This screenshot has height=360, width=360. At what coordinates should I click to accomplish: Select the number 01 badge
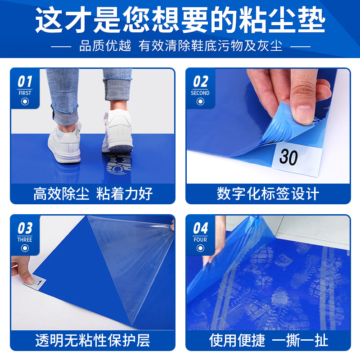click(x=25, y=81)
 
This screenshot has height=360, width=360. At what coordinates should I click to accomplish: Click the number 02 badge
click(x=200, y=81)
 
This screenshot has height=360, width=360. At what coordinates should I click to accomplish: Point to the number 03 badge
click(x=25, y=228)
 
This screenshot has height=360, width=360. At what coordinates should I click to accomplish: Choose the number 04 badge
click(x=200, y=228)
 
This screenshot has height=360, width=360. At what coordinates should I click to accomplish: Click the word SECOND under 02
click(x=200, y=93)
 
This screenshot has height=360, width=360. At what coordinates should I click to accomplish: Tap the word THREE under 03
click(x=25, y=240)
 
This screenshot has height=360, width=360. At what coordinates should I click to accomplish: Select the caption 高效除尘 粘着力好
click(x=93, y=194)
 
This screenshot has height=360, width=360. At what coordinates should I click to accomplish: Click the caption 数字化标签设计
click(x=268, y=194)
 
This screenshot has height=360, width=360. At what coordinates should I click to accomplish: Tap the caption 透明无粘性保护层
click(x=93, y=341)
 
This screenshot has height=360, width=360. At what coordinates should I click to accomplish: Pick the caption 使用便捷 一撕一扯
click(x=268, y=341)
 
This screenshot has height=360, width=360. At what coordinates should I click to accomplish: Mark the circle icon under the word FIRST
click(x=25, y=102)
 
